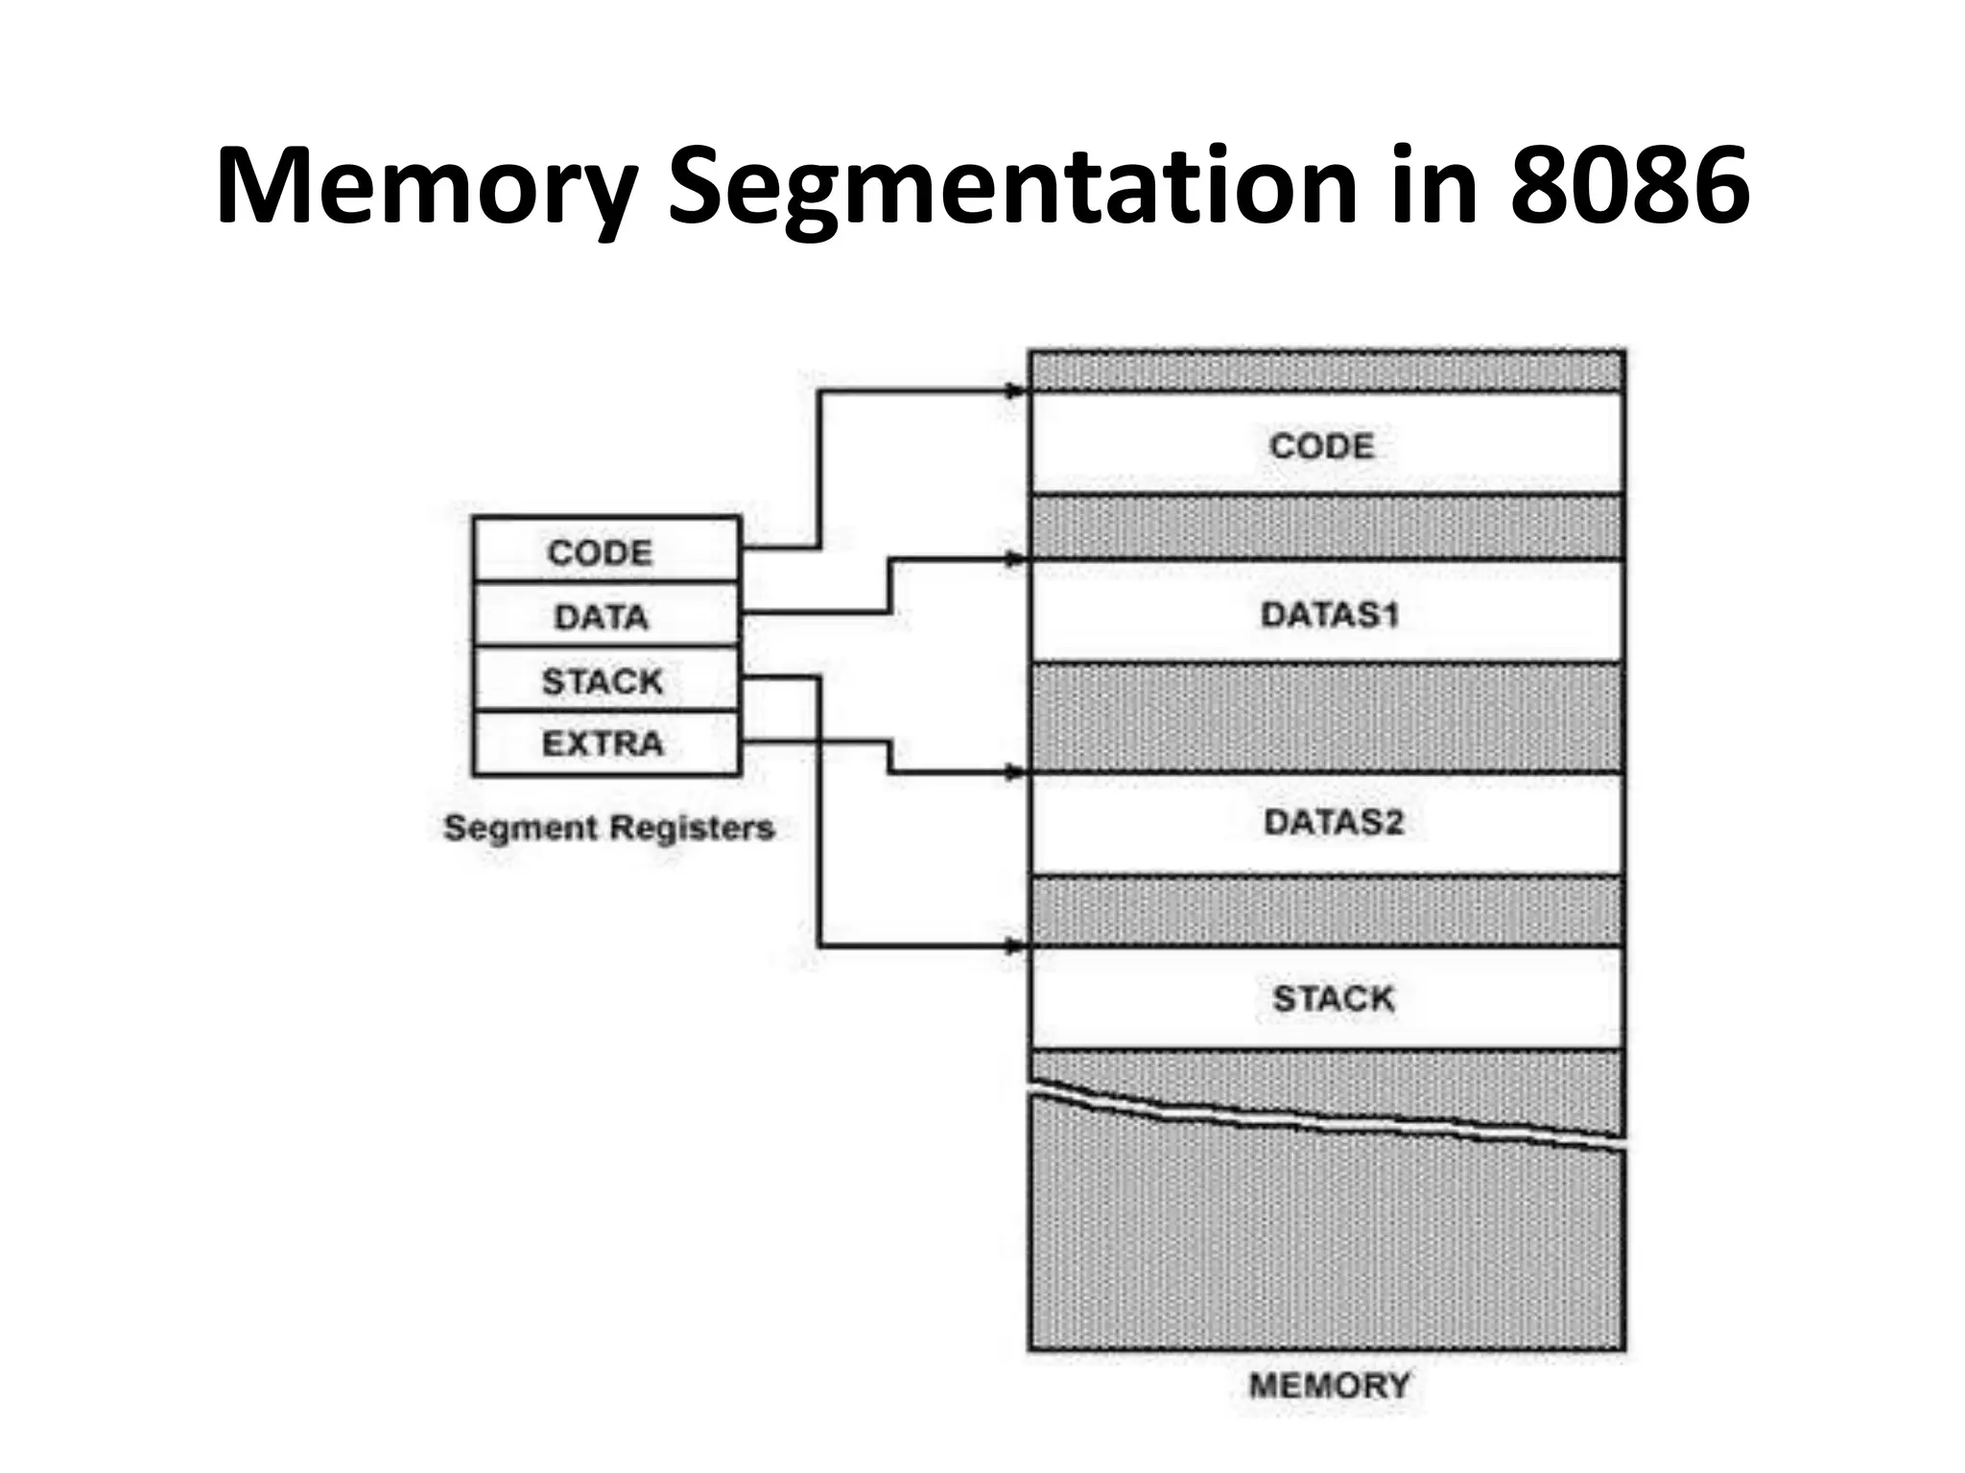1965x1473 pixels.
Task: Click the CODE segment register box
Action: tap(605, 550)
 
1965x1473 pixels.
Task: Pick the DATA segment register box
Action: tap(605, 615)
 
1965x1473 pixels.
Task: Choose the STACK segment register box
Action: tap(605, 680)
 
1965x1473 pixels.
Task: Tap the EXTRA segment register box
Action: tap(605, 743)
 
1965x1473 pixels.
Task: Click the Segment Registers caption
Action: tap(608, 827)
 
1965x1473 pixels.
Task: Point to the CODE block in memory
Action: tap(1326, 445)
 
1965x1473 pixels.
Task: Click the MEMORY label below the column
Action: tap(1329, 1385)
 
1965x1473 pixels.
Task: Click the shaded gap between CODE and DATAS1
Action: tap(1326, 527)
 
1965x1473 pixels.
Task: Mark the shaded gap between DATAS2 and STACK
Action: tap(1326, 911)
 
